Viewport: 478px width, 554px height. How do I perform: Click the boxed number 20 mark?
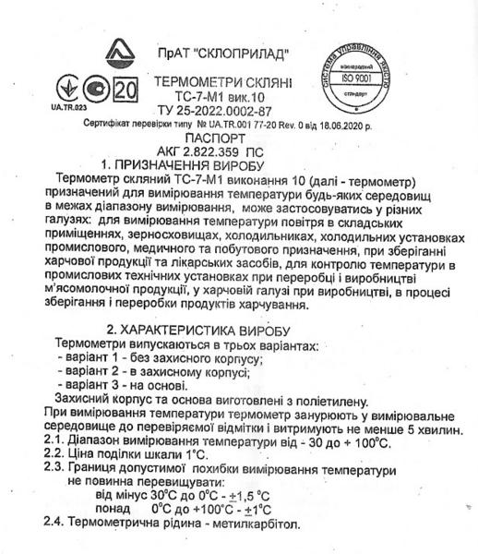coord(99,92)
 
